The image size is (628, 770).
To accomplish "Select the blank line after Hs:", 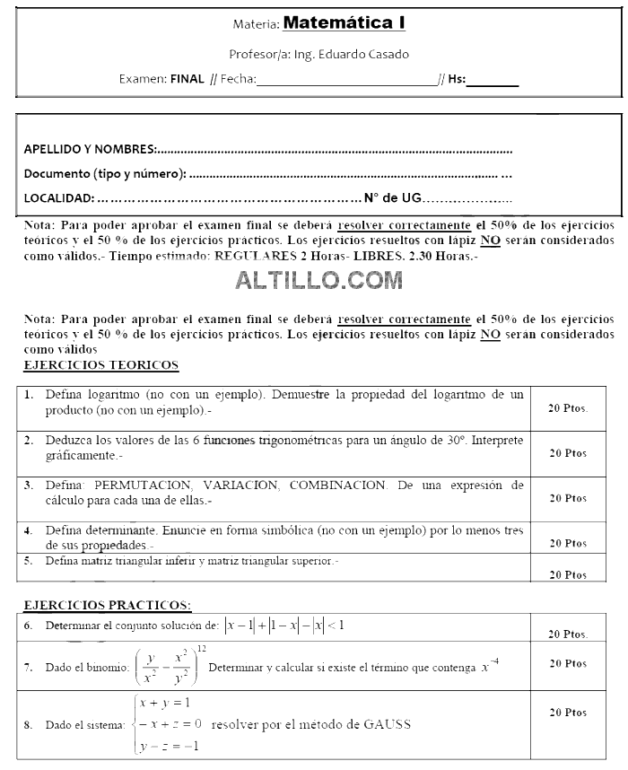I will pos(493,79).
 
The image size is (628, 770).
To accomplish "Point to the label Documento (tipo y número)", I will pos(105,173).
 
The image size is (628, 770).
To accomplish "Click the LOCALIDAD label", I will pos(58,197).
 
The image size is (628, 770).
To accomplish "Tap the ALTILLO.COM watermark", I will pos(318,281).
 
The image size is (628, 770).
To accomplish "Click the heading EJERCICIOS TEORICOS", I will pos(100,365).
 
